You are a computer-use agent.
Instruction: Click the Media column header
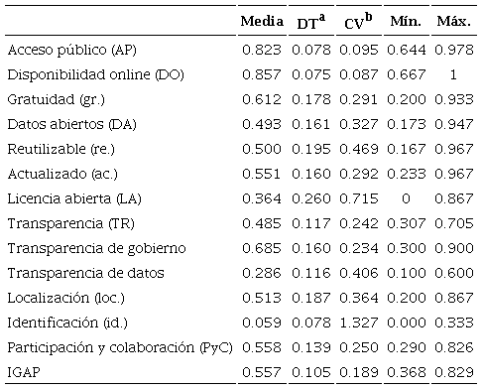click(x=263, y=20)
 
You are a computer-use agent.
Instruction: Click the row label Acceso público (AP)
click(x=71, y=49)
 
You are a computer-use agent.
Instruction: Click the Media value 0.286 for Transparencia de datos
click(x=263, y=272)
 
